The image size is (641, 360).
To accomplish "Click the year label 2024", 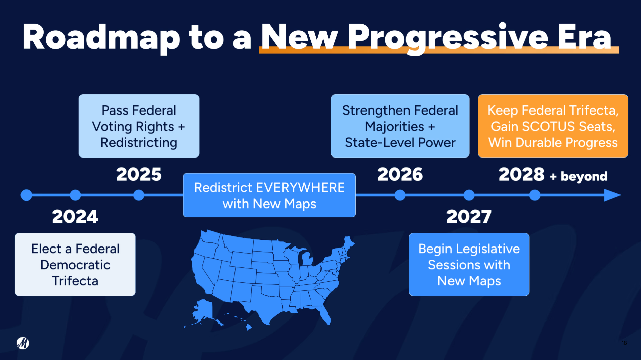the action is (x=75, y=216).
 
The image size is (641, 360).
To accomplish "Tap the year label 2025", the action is (x=139, y=174).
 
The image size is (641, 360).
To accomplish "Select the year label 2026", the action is (x=400, y=174).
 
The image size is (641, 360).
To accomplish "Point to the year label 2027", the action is (x=469, y=216).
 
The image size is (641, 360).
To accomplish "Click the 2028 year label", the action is (x=521, y=174).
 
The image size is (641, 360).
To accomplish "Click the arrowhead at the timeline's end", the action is (x=612, y=195).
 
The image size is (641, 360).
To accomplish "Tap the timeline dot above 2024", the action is (x=75, y=195).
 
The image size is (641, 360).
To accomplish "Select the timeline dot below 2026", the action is (x=400, y=195).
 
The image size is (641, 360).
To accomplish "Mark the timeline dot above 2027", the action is (x=469, y=195).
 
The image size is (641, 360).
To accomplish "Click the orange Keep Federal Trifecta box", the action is (x=553, y=126).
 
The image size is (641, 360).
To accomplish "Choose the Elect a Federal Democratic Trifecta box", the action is (x=75, y=264).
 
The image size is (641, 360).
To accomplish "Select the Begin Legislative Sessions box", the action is (x=469, y=264).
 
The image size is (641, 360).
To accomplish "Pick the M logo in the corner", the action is (x=23, y=343).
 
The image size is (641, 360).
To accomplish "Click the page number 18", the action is (x=624, y=343).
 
